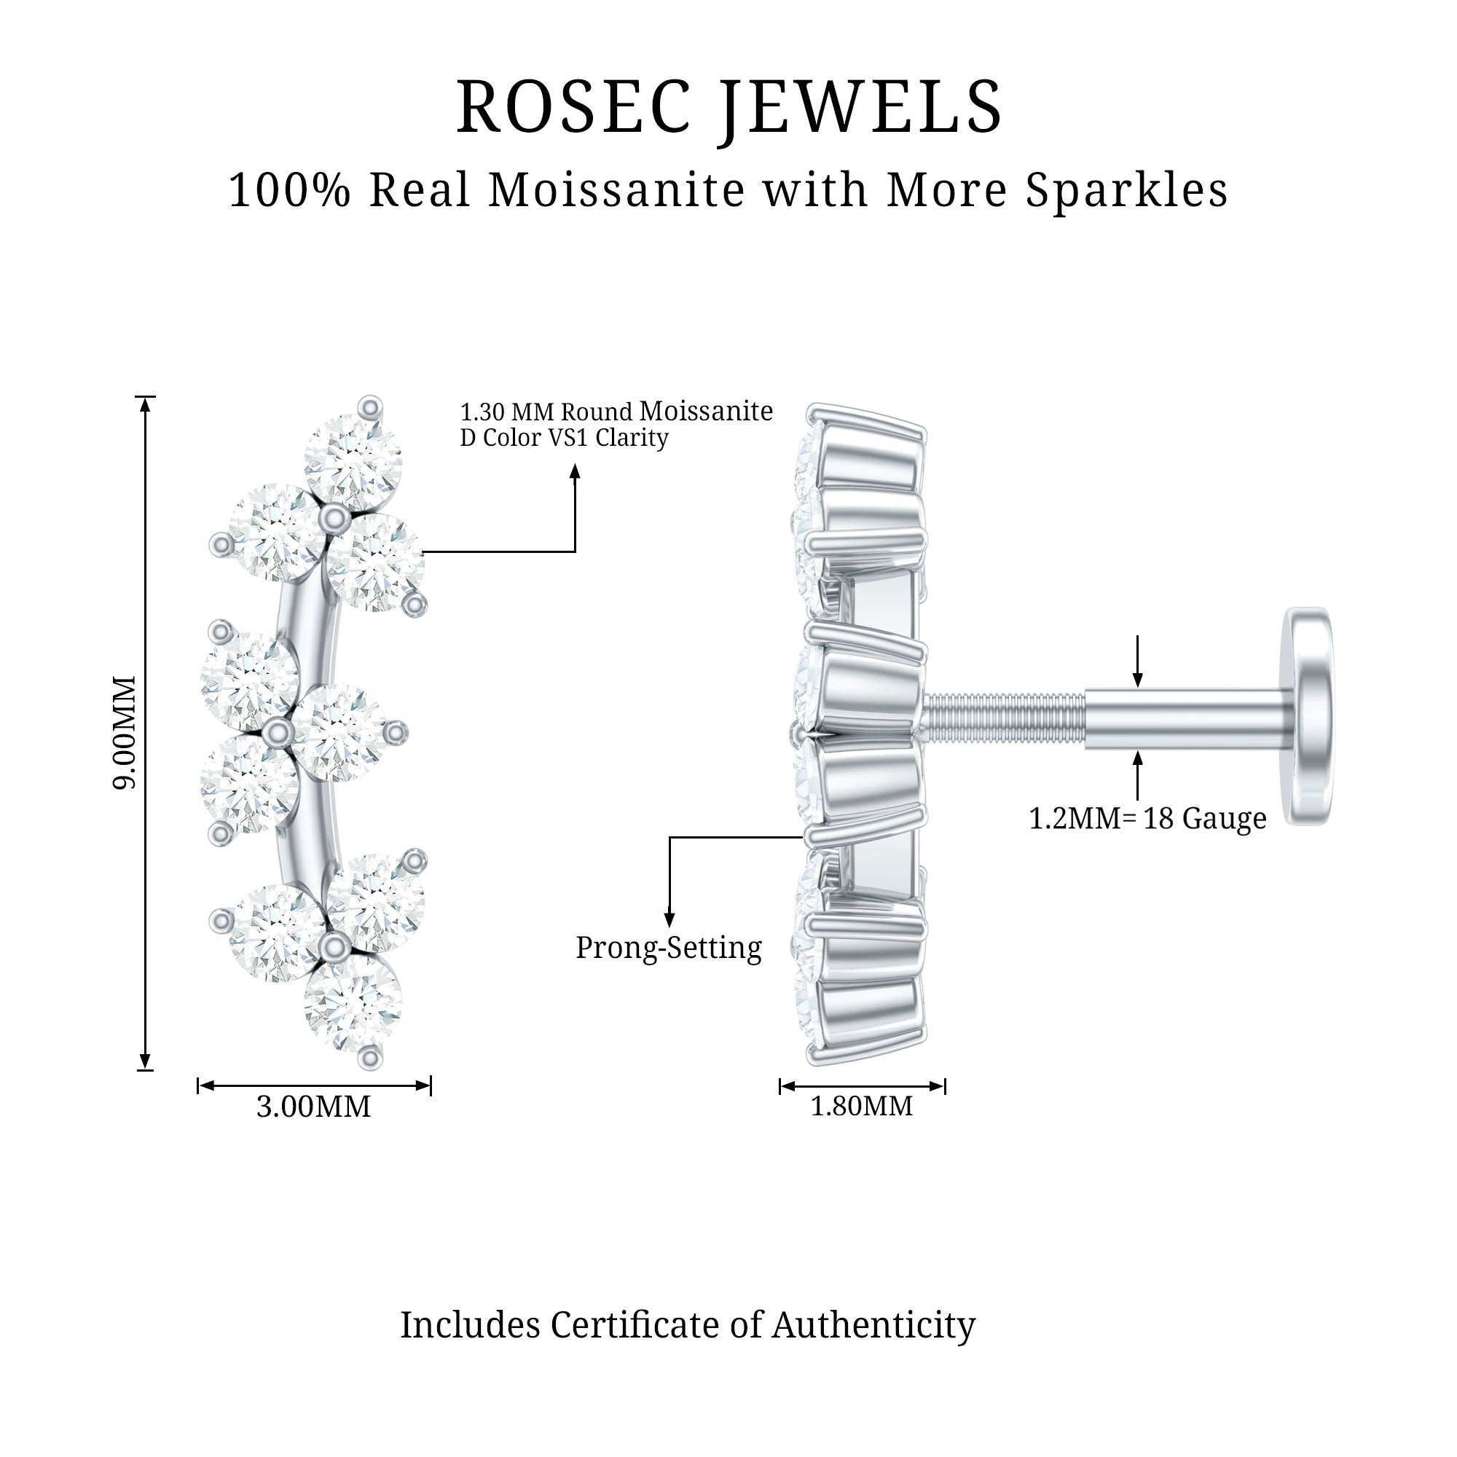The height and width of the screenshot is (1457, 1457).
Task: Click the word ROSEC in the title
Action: coord(573,108)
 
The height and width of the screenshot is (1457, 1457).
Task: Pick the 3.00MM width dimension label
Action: coord(314,1107)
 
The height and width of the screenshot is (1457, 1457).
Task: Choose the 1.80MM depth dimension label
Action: coord(861,1107)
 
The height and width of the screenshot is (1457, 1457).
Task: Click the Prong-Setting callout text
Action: coord(668,948)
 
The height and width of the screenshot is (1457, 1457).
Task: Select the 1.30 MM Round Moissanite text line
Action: coord(616,412)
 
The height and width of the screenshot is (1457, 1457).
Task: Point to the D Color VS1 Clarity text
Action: coord(564,438)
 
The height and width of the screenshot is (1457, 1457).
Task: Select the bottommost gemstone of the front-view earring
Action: coord(352,1003)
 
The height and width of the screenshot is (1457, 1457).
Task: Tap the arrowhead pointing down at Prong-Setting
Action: coord(669,919)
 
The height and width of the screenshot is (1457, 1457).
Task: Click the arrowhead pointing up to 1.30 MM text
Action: coord(575,471)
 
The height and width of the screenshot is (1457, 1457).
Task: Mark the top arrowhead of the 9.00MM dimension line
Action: coord(146,404)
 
